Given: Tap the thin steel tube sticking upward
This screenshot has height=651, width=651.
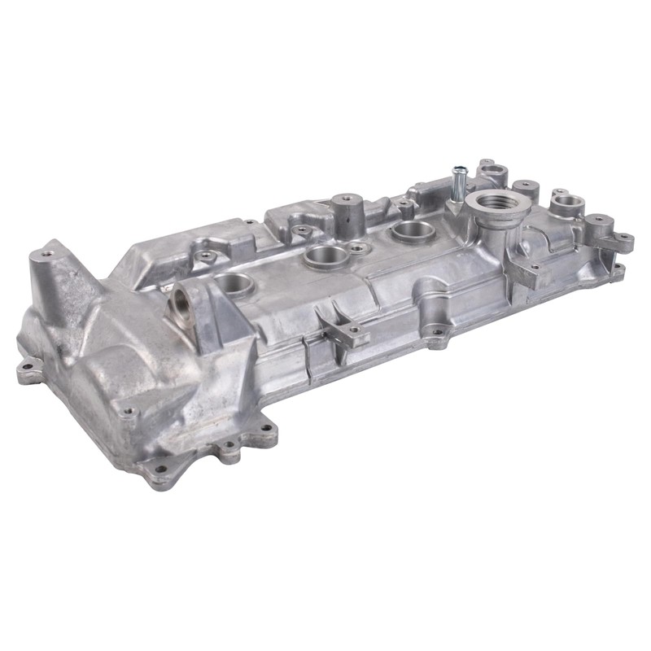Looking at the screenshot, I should (x=458, y=181).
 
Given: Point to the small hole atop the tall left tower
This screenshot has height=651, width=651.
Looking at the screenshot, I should (x=47, y=254).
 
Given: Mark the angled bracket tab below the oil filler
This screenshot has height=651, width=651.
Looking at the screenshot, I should (x=521, y=269).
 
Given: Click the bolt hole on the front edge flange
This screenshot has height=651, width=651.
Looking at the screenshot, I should (x=438, y=332).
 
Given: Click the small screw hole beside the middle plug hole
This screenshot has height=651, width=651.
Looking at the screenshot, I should (x=356, y=245).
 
